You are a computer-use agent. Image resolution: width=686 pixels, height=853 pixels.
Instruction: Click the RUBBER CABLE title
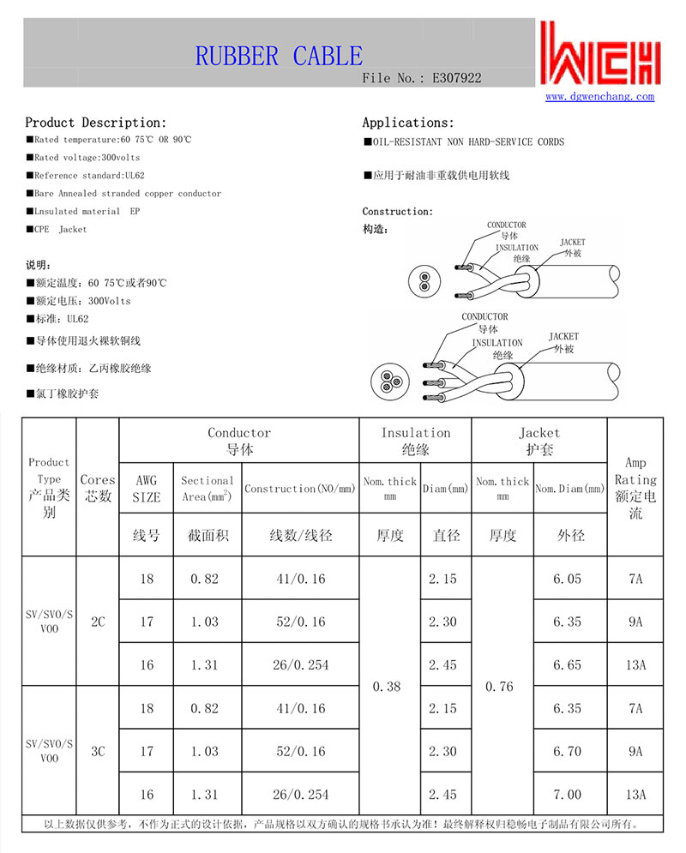click(x=279, y=57)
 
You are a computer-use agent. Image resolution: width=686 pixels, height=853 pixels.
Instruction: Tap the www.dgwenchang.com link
click(x=599, y=97)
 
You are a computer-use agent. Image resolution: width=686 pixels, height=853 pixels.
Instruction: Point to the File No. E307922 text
click(x=422, y=78)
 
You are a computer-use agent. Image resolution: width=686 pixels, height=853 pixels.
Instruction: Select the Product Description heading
click(x=95, y=123)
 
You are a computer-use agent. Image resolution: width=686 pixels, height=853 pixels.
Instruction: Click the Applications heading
click(x=408, y=123)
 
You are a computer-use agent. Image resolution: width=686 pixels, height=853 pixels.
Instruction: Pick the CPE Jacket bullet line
click(x=57, y=230)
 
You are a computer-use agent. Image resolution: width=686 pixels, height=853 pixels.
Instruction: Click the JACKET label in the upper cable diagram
click(x=572, y=243)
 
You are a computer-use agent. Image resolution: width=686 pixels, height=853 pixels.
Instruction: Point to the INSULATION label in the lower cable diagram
click(x=497, y=343)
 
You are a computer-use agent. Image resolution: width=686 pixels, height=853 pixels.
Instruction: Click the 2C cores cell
click(x=97, y=622)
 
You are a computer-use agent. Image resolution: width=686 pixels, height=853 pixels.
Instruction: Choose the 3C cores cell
click(x=97, y=751)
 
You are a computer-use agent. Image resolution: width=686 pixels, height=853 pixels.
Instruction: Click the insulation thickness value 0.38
click(x=389, y=687)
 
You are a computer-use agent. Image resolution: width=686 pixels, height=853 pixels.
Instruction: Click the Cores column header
click(x=97, y=487)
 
